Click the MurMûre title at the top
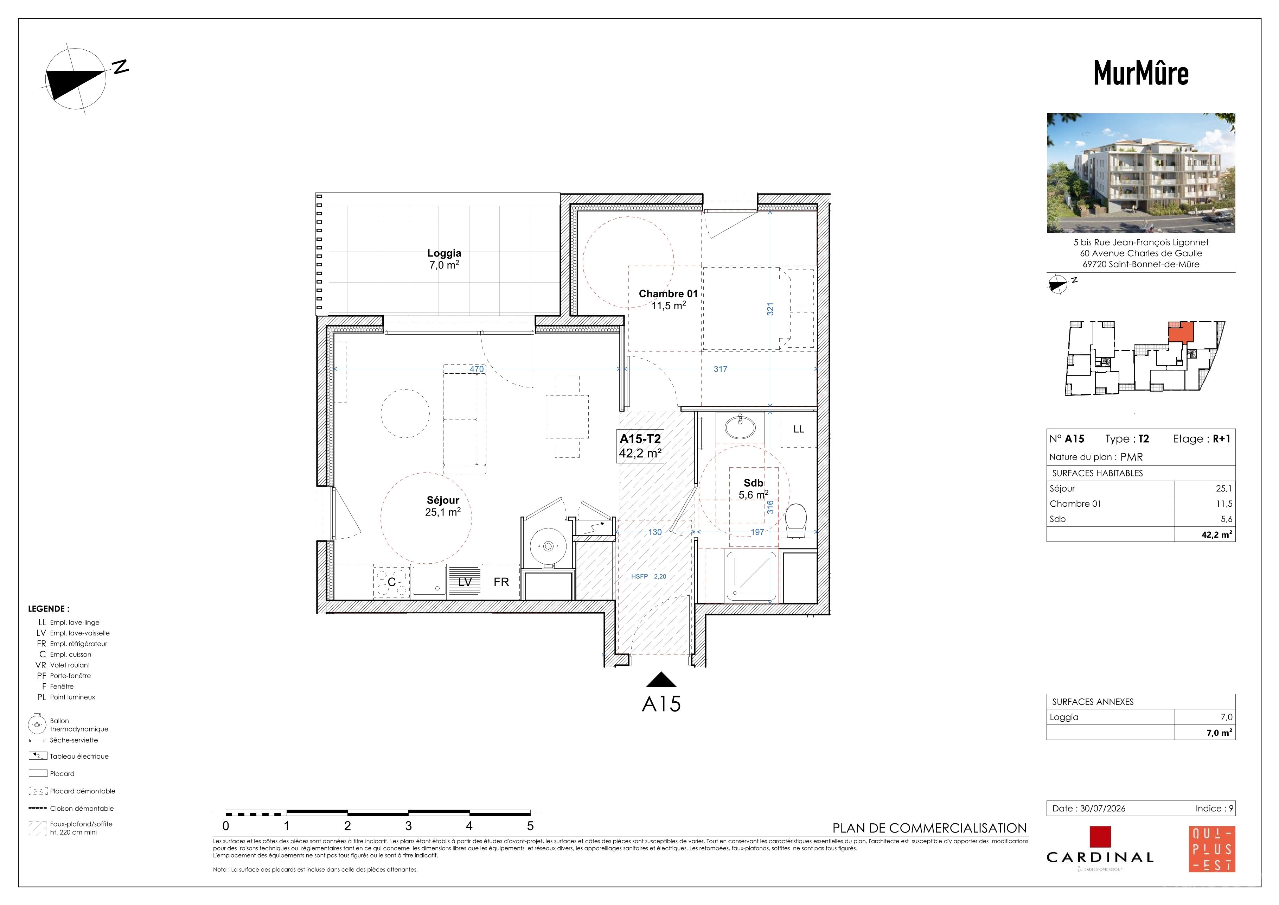click(x=1141, y=73)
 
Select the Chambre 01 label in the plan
click(x=668, y=294)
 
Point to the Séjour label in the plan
click(x=443, y=500)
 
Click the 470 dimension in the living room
click(x=477, y=369)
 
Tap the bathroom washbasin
click(x=740, y=428)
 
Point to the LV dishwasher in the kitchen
click(x=465, y=581)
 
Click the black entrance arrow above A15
click(x=661, y=679)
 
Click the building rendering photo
click(x=1141, y=173)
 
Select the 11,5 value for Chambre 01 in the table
click(x=1224, y=504)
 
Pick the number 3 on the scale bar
click(x=408, y=826)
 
